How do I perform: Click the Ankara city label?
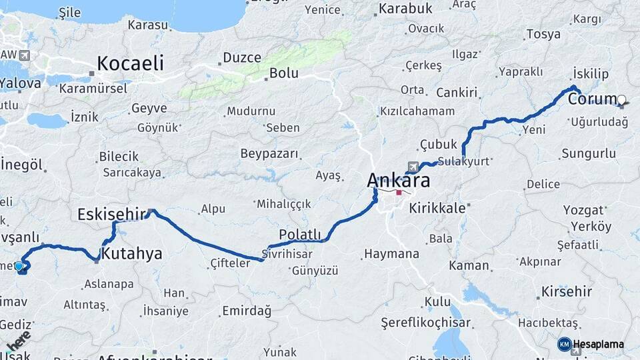tap(398, 180)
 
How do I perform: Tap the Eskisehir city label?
tap(111, 215)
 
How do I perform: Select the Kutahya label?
tap(131, 253)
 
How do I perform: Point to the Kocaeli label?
tap(130, 63)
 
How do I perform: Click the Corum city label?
tap(593, 99)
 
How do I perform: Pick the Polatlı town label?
tap(300, 234)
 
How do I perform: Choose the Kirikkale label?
tap(437, 208)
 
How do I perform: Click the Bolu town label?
tap(284, 73)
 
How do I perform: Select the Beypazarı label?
tap(269, 153)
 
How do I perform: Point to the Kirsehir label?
tap(567, 291)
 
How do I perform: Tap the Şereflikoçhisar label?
tap(425, 323)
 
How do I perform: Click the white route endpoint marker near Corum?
tap(622, 101)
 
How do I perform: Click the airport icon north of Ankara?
tap(414, 166)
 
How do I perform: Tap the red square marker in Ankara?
tap(399, 193)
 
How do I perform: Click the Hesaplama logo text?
tap(598, 345)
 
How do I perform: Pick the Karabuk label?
tap(405, 9)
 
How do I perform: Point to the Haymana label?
tap(391, 254)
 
